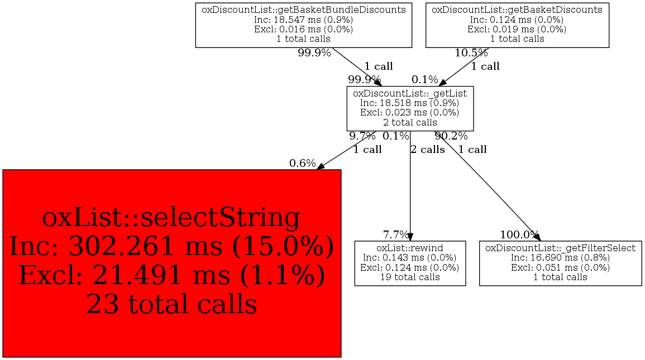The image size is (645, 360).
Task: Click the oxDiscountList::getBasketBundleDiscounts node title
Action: (304, 10)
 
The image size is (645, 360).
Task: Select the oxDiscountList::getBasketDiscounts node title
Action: (517, 10)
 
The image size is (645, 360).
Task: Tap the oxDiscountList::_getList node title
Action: (410, 94)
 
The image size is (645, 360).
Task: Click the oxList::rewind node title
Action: (410, 248)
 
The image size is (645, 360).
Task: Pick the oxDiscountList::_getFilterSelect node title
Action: (560, 248)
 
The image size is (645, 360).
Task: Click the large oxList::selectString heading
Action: (171, 218)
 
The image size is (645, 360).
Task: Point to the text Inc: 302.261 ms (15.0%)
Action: (171, 247)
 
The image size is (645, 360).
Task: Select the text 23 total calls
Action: (171, 304)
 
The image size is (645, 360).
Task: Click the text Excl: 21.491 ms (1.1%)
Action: (171, 275)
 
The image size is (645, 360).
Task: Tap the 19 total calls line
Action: (410, 277)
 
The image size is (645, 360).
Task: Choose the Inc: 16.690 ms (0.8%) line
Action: (560, 258)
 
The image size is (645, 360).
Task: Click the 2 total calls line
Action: (410, 122)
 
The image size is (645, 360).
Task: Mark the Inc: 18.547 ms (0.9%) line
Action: (304, 20)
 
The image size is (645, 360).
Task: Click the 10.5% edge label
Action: (471, 53)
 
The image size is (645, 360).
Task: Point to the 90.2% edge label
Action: (451, 136)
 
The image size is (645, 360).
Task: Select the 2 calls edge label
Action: (428, 150)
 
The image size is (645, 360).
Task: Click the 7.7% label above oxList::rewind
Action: (396, 235)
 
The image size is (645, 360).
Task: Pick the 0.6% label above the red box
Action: (302, 164)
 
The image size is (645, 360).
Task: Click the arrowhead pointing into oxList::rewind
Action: (410, 237)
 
